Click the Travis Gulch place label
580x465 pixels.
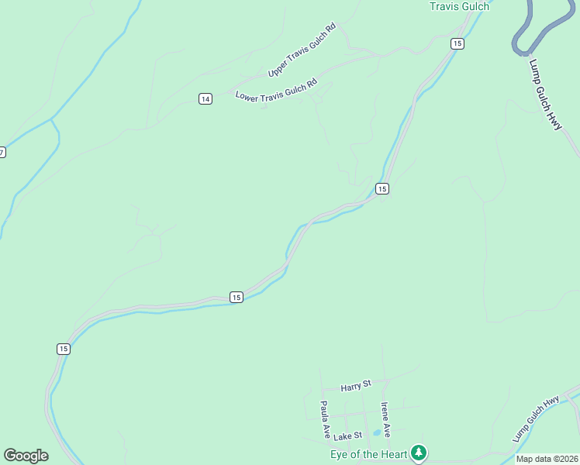(459, 7)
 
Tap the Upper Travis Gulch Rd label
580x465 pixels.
(302, 50)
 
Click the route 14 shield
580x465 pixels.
(205, 98)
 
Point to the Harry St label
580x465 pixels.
(357, 385)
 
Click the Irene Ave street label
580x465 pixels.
(385, 418)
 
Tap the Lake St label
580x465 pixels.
(348, 436)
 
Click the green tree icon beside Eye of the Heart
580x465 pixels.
(419, 452)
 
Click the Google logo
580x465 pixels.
(26, 456)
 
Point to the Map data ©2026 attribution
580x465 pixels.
(547, 459)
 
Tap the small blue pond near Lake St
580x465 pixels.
(377, 432)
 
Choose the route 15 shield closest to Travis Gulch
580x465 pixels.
(457, 43)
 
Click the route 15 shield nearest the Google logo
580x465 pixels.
(63, 349)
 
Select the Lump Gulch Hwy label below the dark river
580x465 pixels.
(546, 95)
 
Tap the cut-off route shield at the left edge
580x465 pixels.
(2, 152)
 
